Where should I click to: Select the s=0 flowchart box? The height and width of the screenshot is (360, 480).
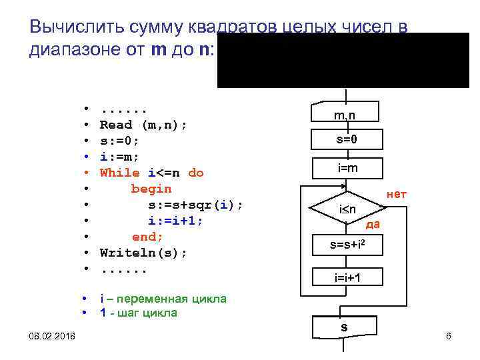[345, 139]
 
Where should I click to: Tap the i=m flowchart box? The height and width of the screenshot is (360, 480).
[347, 168]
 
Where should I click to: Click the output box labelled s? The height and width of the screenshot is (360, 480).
[344, 327]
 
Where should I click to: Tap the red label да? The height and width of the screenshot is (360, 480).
[373, 224]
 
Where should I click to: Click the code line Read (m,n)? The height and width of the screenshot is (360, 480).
[143, 125]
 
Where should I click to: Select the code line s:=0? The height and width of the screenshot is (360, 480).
[119, 141]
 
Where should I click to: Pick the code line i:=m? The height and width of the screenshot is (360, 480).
[119, 157]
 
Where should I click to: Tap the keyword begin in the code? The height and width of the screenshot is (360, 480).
[151, 189]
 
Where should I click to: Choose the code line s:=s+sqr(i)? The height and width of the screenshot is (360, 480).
[195, 205]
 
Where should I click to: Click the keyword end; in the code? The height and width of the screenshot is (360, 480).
[147, 237]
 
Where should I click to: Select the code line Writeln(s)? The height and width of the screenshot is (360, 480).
[143, 253]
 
